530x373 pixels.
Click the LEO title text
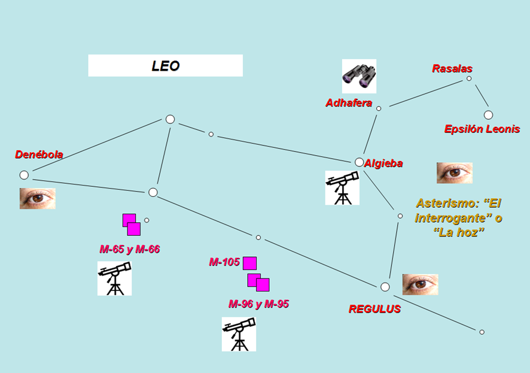coord(166,66)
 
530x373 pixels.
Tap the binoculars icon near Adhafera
coord(359,76)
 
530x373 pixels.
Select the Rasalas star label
coord(452,69)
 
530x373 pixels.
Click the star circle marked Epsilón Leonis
coord(488,115)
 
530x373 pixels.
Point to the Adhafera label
coord(349,103)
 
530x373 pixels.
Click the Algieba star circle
coord(359,162)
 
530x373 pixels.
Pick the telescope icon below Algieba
coord(342,187)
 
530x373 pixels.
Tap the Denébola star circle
coord(24,175)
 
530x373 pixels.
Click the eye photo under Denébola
coord(38,198)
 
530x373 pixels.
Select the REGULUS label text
coord(374,310)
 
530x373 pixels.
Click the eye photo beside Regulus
coord(420,284)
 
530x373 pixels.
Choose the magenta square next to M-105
coord(249,263)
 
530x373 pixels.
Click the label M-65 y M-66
coord(130,249)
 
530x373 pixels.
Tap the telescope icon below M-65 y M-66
coord(114,278)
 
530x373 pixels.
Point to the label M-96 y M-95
coord(258,304)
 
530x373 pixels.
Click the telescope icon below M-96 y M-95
coord(239,334)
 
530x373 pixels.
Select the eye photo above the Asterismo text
coord(454,173)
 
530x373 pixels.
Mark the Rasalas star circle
coord(469,78)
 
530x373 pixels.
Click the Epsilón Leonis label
coord(482,129)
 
